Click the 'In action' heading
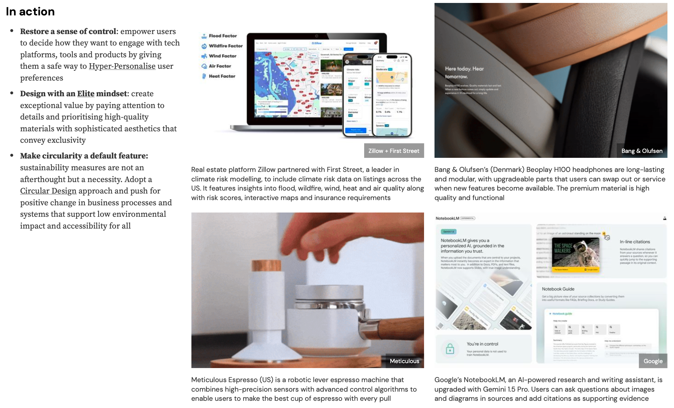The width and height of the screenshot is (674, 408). coord(30,11)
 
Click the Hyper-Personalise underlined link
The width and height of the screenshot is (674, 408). coord(122,66)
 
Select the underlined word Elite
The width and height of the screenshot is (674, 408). coord(86,94)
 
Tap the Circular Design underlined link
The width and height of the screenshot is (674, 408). coord(48,191)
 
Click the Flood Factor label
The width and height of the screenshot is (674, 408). coord(222,36)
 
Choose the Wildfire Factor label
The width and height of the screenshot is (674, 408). coord(225,46)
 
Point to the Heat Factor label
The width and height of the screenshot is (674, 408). coord(222,76)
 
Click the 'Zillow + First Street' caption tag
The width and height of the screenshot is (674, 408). coord(394,151)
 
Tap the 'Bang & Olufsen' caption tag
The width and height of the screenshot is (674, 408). coord(642,151)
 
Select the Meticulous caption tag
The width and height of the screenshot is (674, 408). coord(404,361)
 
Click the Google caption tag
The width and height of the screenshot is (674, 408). coord(653,361)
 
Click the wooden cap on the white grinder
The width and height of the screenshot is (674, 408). coord(267,265)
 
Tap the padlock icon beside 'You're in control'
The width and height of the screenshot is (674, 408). coord(450,349)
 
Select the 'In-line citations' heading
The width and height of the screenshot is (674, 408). coord(635,242)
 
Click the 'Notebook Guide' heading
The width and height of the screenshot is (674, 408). coord(558,289)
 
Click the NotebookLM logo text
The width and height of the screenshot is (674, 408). coord(447,218)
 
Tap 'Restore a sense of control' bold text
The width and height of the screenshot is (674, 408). coord(68,31)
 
